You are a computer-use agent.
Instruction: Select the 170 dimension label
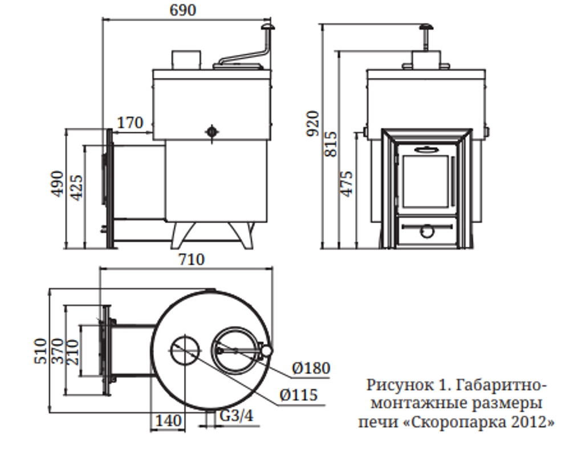(x=130, y=123)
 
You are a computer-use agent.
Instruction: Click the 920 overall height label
(x=313, y=123)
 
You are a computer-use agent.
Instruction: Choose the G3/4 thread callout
(x=236, y=417)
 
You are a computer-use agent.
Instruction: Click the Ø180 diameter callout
(x=311, y=368)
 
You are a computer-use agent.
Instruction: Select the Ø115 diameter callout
(x=299, y=394)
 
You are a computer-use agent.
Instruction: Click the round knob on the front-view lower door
(x=426, y=231)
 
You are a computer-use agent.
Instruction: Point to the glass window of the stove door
(x=426, y=181)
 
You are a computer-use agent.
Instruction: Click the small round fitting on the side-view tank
(x=211, y=132)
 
